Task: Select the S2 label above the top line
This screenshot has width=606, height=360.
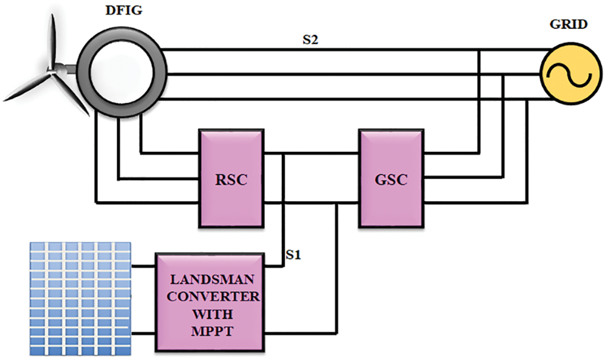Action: (310, 41)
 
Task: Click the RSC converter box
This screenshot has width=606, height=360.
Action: (231, 178)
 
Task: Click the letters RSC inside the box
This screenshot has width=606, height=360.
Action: (231, 180)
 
